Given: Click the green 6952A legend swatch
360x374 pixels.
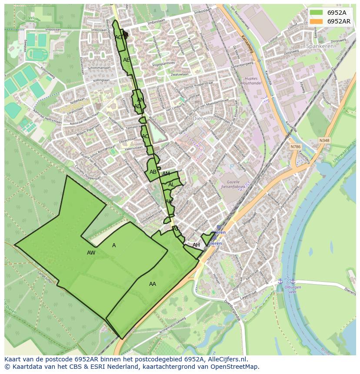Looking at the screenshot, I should coord(316,12).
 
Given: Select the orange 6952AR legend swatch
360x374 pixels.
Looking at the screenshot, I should coord(316,21).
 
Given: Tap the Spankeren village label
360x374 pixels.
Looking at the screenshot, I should coord(320,46).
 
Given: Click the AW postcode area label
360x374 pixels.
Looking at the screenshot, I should coord(91,253).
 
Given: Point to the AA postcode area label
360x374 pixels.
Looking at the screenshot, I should coord(153,284).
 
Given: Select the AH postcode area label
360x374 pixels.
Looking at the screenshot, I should coord(196,245).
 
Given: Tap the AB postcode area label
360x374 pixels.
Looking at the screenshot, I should coord(153,172).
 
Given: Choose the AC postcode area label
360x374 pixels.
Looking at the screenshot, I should coord(145,136).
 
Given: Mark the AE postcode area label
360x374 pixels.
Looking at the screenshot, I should coord(127,60).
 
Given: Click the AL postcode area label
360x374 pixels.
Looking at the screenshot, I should coord(171,185).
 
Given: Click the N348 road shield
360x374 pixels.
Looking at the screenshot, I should coord(324,140).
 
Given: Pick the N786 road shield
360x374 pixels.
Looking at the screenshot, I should coord(296,147).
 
